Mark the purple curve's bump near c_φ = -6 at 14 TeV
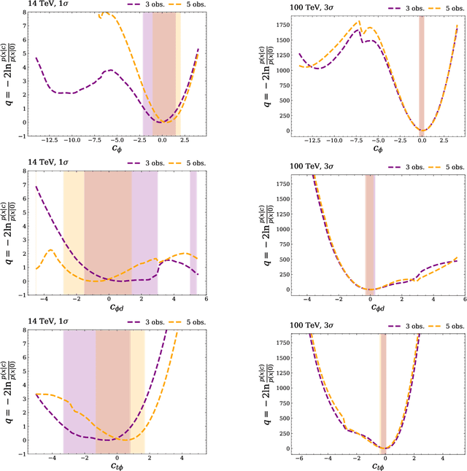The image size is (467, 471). point(109,71)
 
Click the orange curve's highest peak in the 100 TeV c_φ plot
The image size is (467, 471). point(358,21)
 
